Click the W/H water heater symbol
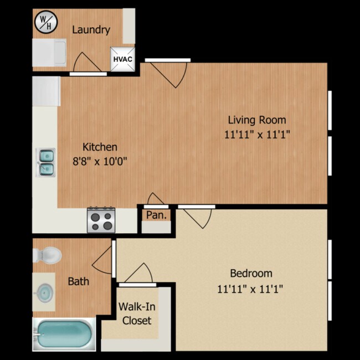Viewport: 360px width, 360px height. (x=45, y=23)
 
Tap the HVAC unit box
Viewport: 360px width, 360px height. (x=122, y=59)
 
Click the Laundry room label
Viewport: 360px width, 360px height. (x=91, y=30)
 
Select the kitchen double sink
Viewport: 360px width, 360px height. (x=45, y=162)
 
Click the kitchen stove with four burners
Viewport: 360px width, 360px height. (x=101, y=220)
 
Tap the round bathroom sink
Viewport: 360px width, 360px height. (x=45, y=293)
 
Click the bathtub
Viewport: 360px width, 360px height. (x=64, y=334)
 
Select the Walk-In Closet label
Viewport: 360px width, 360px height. (x=137, y=313)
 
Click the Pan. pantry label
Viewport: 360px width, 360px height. (x=156, y=215)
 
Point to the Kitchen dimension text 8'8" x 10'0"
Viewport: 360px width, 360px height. (x=100, y=161)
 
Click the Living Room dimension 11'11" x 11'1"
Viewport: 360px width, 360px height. (x=257, y=135)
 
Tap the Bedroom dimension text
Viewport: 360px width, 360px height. (x=250, y=289)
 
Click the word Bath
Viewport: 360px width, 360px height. (x=79, y=281)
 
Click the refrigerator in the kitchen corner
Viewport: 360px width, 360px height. (x=47, y=91)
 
